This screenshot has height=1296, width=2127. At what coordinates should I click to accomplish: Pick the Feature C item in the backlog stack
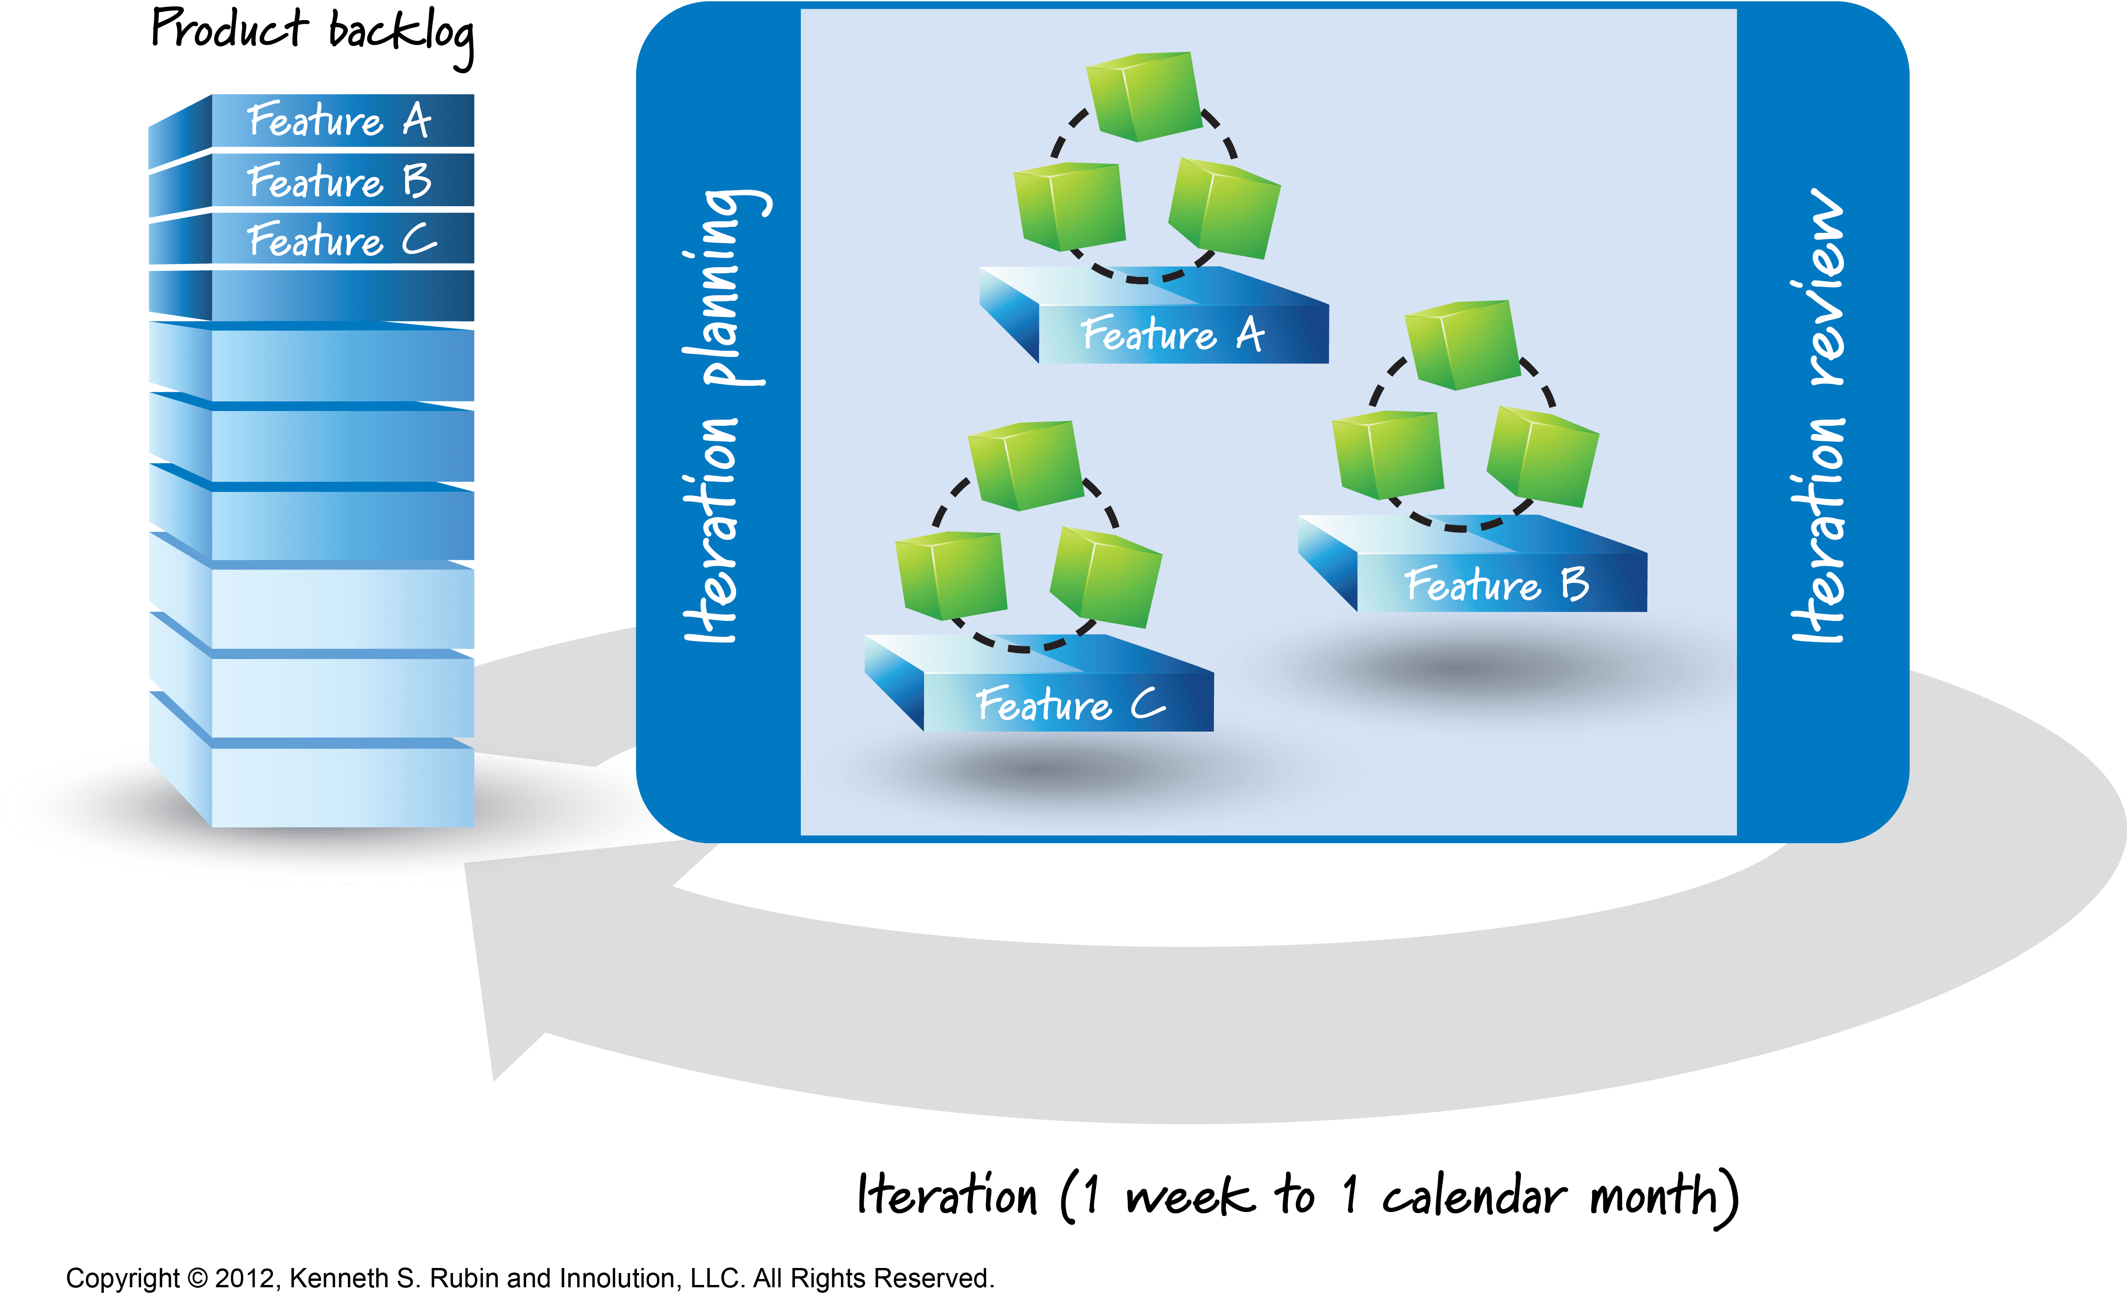pyautogui.click(x=341, y=240)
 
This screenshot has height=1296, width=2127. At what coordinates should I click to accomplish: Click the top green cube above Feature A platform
pyautogui.click(x=1142, y=95)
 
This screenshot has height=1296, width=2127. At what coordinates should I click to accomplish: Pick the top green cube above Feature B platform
pyautogui.click(x=1462, y=344)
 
